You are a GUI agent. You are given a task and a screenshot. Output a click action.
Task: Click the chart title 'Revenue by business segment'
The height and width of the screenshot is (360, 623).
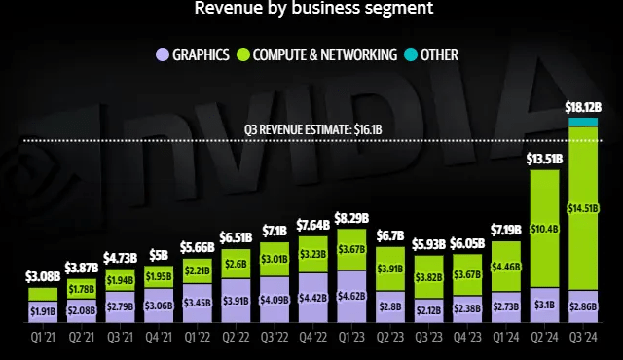point(313,10)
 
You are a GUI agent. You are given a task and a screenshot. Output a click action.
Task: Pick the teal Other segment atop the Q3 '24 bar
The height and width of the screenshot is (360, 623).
point(583,121)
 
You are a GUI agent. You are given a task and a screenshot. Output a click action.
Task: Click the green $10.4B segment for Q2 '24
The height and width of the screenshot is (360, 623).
point(544,228)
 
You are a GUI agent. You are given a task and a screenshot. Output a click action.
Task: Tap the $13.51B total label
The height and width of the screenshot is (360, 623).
point(544,159)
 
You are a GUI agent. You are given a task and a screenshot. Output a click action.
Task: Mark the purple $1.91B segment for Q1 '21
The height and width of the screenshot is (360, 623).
point(42,311)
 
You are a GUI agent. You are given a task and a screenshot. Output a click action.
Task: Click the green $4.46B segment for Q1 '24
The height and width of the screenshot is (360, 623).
point(506,266)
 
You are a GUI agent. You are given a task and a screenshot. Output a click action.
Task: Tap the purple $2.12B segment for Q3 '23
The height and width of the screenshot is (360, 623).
point(428,311)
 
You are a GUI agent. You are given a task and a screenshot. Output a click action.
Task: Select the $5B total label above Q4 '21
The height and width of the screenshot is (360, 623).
point(158,256)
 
